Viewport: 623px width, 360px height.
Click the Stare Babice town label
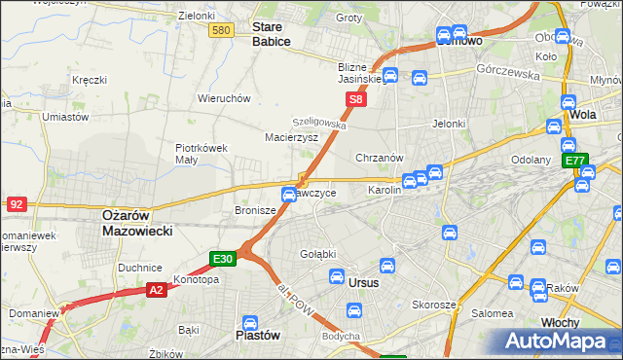click(274, 34)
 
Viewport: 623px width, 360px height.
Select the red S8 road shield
click(357, 99)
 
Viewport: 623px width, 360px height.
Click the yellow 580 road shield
click(221, 31)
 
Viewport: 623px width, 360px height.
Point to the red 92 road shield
click(16, 204)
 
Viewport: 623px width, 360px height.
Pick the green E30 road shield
click(223, 258)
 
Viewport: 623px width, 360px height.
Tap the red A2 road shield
click(157, 289)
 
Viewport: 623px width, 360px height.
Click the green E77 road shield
click(575, 161)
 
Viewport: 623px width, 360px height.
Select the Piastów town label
click(259, 335)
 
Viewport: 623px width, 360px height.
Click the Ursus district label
click(362, 282)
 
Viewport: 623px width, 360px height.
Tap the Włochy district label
click(560, 321)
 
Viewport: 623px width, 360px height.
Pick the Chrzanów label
click(380, 158)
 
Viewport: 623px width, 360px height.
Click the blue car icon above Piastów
click(249, 322)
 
